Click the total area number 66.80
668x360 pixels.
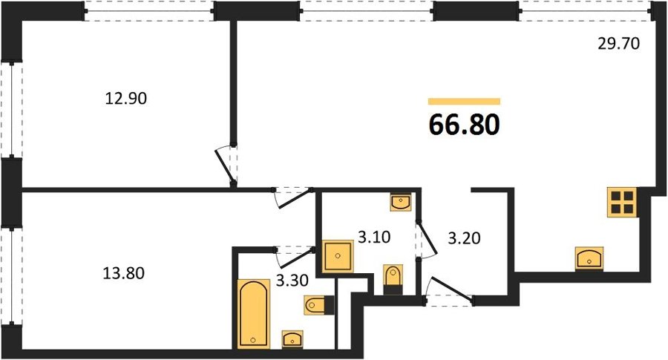(464, 125)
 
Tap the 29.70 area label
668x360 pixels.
(618, 44)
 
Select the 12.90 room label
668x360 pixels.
(125, 99)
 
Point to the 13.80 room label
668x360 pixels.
(123, 272)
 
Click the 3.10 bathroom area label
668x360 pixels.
(374, 237)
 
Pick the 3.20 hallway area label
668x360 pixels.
(465, 238)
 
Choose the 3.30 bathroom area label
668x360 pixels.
(292, 281)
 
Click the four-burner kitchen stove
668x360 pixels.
(622, 203)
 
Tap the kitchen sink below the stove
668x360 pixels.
(589, 258)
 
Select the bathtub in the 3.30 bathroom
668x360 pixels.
(254, 314)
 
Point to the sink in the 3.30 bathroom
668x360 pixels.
(292, 339)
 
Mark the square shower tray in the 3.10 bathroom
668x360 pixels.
(338, 256)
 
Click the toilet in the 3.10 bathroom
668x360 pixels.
(393, 280)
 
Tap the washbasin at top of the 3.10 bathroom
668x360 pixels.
(401, 202)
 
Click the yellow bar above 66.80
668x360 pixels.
(464, 102)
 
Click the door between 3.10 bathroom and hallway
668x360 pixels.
(426, 240)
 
